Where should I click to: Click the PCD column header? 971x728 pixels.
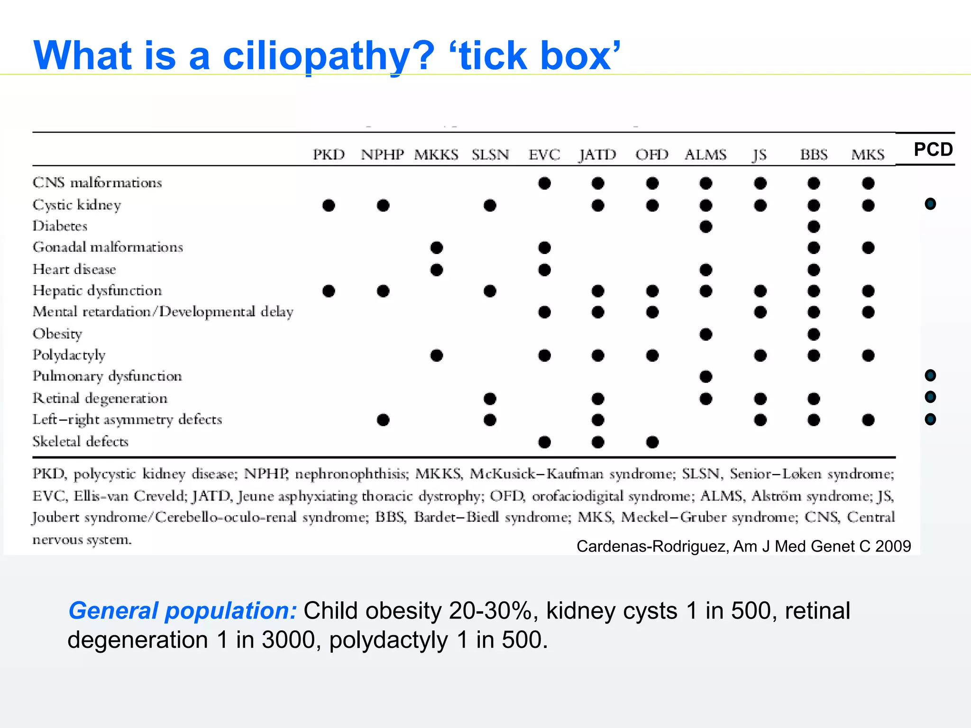coord(933,149)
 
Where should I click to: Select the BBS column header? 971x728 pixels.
coord(814,155)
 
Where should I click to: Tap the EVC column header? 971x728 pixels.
coord(544,155)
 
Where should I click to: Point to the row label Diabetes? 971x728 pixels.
coord(60,226)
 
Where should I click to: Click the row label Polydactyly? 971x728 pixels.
coord(69,355)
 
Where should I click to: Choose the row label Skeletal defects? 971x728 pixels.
coord(81,442)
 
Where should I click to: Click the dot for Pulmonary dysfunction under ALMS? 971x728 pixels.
coord(705,377)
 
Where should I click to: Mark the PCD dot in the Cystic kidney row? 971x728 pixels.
coord(930,204)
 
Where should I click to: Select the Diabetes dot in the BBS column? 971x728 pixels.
coord(814,227)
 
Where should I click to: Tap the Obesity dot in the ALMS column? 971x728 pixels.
coord(705,334)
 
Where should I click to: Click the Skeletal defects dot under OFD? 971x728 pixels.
coord(652,442)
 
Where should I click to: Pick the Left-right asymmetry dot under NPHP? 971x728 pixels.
coord(383,420)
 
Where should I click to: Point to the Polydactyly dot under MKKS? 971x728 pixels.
coord(437,355)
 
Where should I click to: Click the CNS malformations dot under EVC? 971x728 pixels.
coord(544,183)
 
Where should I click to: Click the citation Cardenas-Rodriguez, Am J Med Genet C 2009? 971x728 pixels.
coord(743,546)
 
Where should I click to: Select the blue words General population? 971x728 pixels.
coord(183,610)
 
